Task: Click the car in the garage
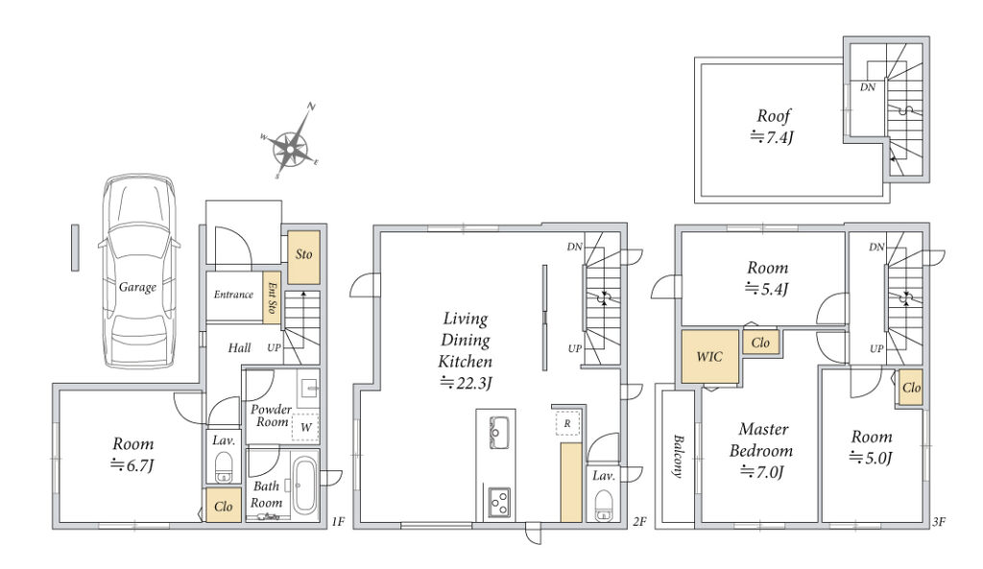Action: click(138, 271)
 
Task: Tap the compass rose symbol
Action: click(290, 148)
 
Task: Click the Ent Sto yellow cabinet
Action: click(272, 297)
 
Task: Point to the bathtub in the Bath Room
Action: click(305, 485)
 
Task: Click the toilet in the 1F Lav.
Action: click(224, 467)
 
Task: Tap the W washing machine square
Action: click(305, 427)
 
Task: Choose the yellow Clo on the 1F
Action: click(224, 505)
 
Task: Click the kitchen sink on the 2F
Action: click(499, 433)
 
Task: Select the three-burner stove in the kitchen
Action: click(499, 502)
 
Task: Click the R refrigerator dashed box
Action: click(567, 423)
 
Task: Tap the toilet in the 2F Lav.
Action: click(604, 505)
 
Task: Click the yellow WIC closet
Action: click(709, 357)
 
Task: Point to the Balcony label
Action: click(677, 456)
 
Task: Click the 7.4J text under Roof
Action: click(773, 136)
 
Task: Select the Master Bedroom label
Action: click(761, 439)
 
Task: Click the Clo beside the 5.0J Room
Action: click(911, 388)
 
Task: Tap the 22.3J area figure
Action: click(466, 382)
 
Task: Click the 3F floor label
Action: click(938, 521)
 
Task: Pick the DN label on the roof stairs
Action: click(868, 87)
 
